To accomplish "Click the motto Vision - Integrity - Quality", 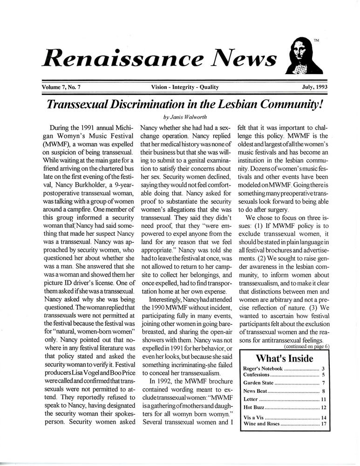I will coord(185,87).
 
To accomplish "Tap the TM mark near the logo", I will coord(316,41).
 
